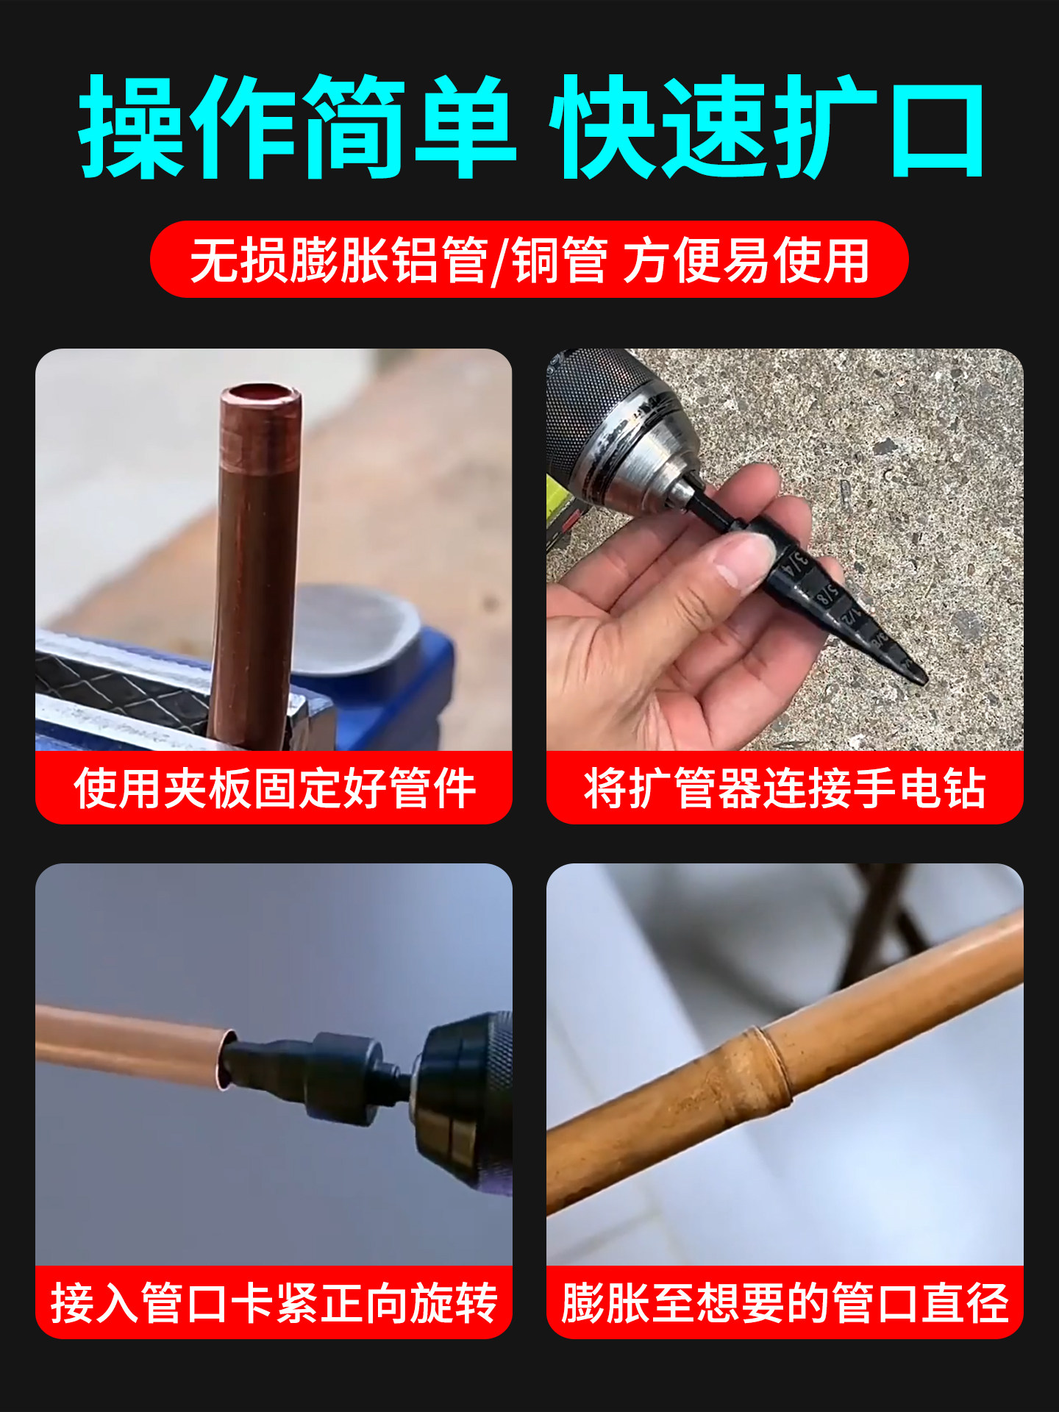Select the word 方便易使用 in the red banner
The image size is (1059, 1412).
tap(746, 260)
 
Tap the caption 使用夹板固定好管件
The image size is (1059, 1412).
tap(274, 788)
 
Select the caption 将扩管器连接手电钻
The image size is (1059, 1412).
tap(784, 788)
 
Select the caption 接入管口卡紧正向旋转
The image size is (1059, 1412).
tap(274, 1303)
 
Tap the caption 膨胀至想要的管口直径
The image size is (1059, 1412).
tap(784, 1303)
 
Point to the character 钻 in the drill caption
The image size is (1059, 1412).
tap(963, 788)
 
